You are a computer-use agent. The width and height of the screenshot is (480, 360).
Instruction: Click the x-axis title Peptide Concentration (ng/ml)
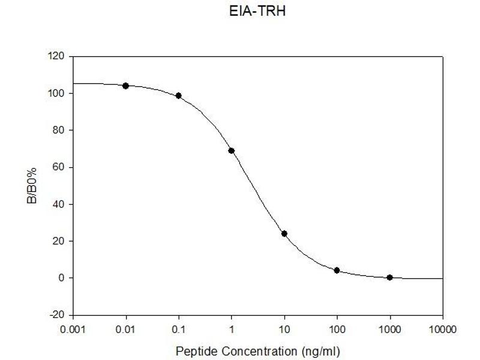click(259, 349)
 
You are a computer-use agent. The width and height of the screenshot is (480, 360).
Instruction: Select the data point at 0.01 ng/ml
click(126, 86)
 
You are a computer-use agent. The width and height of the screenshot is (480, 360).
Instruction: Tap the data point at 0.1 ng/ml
click(179, 96)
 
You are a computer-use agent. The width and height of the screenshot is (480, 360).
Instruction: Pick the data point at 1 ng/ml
click(232, 151)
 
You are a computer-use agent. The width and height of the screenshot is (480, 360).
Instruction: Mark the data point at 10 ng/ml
click(284, 233)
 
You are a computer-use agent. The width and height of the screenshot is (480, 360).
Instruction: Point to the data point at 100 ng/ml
click(337, 271)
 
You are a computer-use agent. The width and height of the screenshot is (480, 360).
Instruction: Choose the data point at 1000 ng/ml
click(390, 277)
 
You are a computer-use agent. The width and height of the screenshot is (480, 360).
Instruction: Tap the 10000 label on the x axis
click(442, 329)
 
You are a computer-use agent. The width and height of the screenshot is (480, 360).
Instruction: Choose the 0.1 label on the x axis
click(179, 329)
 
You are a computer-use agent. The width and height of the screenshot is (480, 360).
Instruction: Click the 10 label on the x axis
click(284, 329)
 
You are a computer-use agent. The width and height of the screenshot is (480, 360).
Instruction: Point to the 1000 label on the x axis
click(390, 329)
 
